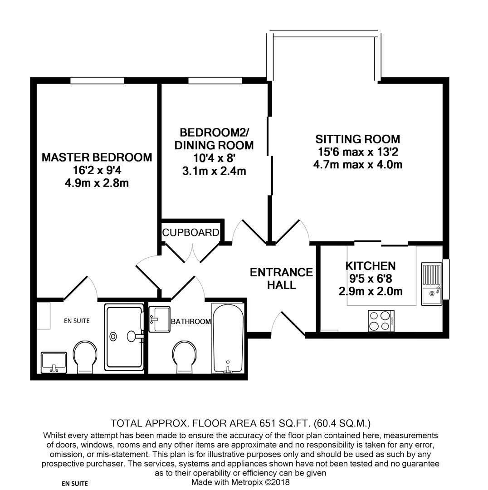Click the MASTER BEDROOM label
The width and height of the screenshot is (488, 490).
tap(97, 157)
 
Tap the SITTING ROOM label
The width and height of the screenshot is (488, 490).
tap(357, 139)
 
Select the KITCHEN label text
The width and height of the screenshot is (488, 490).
tap(370, 266)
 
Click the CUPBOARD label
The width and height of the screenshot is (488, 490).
tap(191, 233)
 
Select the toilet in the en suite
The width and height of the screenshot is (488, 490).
tap(85, 358)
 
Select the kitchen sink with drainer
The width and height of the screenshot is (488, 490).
tap(431, 284)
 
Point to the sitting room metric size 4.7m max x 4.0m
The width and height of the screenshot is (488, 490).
tap(357, 164)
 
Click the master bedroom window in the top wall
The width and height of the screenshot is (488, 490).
tap(97, 81)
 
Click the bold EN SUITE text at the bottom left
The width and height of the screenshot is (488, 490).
tap(74, 484)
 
